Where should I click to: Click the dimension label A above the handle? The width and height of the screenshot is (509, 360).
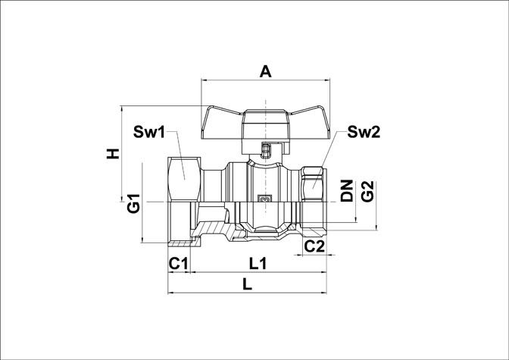[x=265, y=71]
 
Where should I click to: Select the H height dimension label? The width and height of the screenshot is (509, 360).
[x=113, y=154]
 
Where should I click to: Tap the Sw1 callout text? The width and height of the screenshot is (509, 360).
[x=149, y=132]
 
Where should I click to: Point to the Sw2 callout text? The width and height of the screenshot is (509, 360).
[x=364, y=132]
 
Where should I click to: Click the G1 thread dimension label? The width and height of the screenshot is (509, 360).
[x=133, y=203]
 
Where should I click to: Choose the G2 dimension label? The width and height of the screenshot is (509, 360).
[x=367, y=192]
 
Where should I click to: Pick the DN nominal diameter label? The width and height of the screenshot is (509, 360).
[x=347, y=191]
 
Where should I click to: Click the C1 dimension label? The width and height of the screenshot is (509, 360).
[x=178, y=264]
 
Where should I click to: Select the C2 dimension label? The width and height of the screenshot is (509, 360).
[x=314, y=246]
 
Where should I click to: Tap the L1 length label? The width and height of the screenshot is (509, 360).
[x=258, y=264]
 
